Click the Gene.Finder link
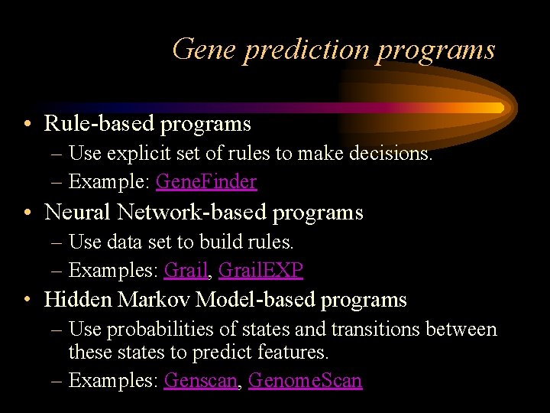click(206, 181)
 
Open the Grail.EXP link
click(260, 270)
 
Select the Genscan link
click(201, 380)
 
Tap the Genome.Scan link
click(306, 380)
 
